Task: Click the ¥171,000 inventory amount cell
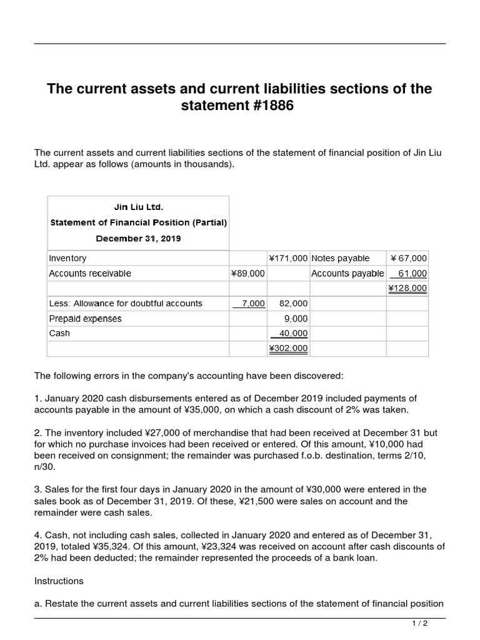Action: pyautogui.click(x=287, y=258)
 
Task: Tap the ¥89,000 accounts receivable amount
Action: pyautogui.click(x=248, y=274)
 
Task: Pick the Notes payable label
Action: pyautogui.click(x=340, y=258)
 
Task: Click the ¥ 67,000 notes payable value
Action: pyautogui.click(x=408, y=258)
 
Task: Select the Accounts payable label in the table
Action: pyautogui.click(x=347, y=274)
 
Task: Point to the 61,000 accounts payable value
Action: pyautogui.click(x=412, y=274)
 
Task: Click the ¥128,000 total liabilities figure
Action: pyautogui.click(x=407, y=288)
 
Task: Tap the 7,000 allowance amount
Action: pyautogui.click(x=252, y=304)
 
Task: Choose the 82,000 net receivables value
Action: pyautogui.click(x=293, y=304)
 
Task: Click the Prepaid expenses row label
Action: pyautogui.click(x=85, y=319)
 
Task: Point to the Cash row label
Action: pyautogui.click(x=59, y=334)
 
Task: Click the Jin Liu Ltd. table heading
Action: pyautogui.click(x=138, y=206)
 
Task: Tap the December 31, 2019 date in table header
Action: pyautogui.click(x=138, y=238)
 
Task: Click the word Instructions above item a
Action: pyautogui.click(x=59, y=581)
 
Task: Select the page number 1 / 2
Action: pyautogui.click(x=420, y=624)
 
